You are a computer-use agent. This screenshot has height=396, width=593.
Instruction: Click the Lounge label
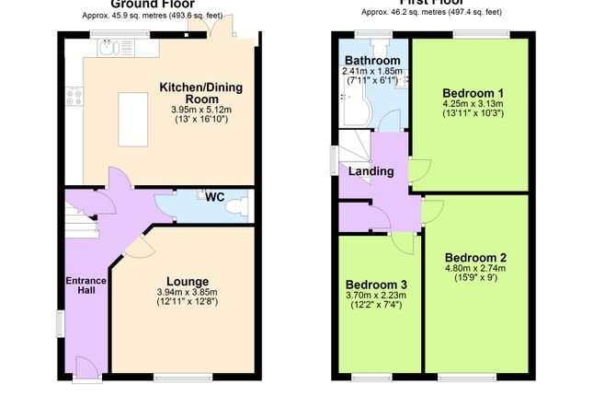click(x=187, y=281)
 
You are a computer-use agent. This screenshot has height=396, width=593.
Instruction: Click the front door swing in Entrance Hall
click(x=86, y=365)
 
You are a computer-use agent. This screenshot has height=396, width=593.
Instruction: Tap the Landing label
click(x=371, y=170)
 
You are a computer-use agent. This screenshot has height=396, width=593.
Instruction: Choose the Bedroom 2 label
click(x=475, y=257)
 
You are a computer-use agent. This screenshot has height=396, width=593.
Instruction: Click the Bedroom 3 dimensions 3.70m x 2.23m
click(x=376, y=295)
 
